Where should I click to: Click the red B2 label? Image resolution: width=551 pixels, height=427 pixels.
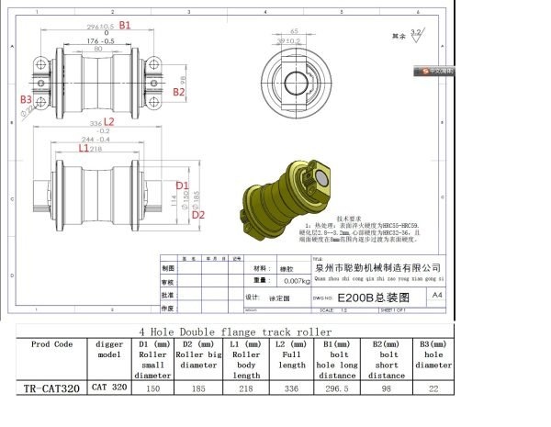[x=180, y=92]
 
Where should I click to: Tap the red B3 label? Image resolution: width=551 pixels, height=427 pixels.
[x=26, y=98]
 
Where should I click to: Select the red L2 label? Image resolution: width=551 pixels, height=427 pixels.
[x=107, y=121]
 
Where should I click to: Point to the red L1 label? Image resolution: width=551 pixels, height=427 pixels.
[x=84, y=148]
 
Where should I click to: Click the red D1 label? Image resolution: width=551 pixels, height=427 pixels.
[x=182, y=185]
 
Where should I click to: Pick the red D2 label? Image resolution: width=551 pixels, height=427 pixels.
[x=197, y=214]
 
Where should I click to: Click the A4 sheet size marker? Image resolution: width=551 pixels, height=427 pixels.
[x=436, y=295]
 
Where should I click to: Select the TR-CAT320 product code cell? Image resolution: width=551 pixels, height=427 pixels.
[x=51, y=388]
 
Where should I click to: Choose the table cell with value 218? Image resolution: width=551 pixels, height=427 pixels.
[x=245, y=388]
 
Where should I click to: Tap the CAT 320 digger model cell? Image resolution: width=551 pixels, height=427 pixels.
[x=109, y=388]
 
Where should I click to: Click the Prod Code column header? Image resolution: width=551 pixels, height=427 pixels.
[x=51, y=344]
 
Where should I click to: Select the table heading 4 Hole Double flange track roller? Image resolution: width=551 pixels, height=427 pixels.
[x=235, y=331]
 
